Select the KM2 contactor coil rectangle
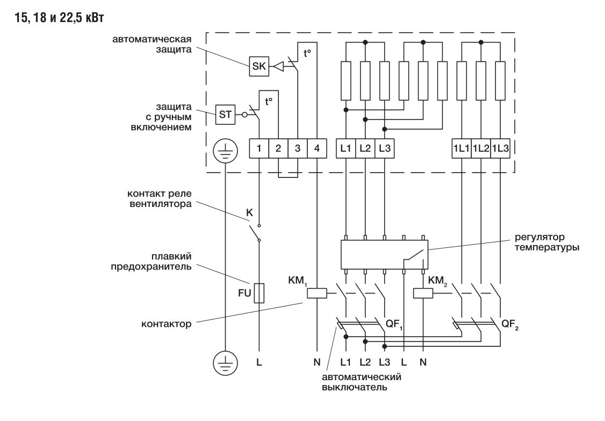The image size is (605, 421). click(x=422, y=293)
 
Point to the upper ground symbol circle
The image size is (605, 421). click(x=225, y=152)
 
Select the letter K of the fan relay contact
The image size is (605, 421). click(x=249, y=212)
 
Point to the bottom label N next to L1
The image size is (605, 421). click(x=317, y=362)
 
